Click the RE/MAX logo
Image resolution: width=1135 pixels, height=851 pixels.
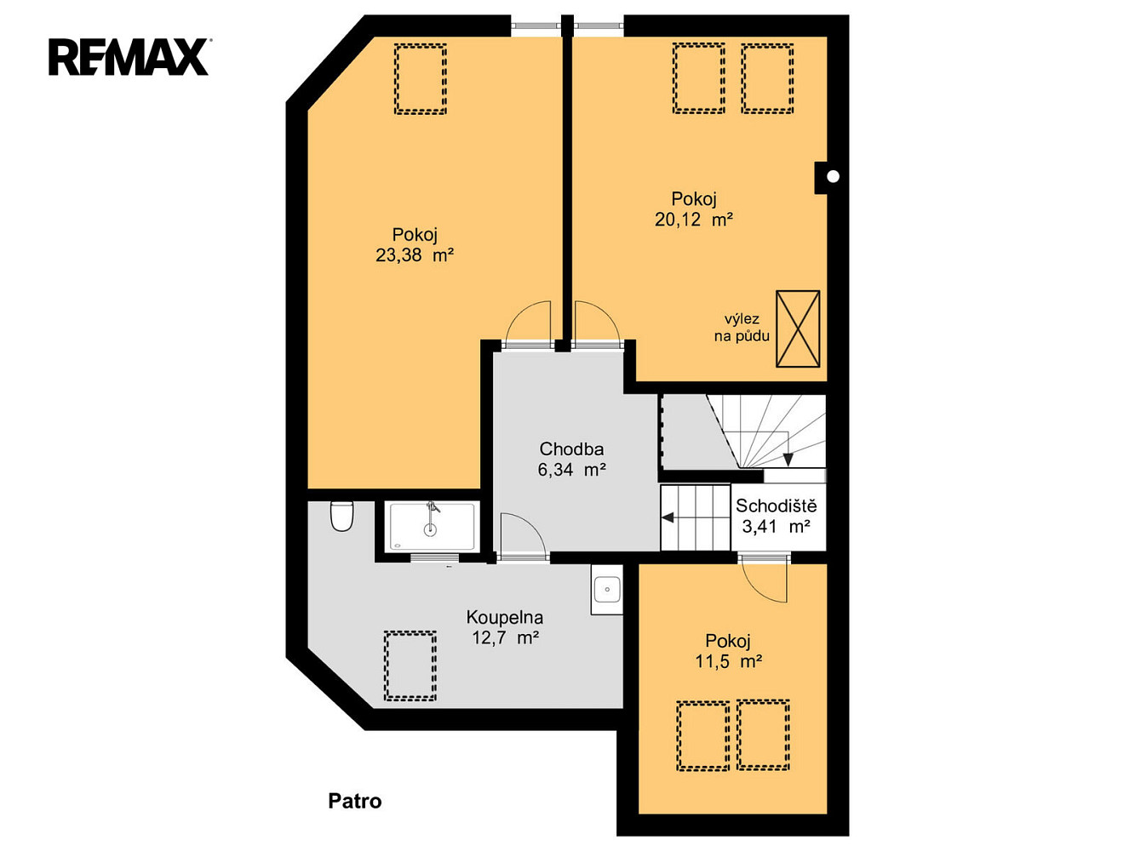[x=129, y=57]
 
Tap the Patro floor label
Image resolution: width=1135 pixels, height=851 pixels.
[x=355, y=801]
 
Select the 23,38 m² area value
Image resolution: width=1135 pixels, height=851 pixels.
[x=415, y=254]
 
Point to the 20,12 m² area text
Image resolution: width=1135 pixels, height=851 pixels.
[x=693, y=220]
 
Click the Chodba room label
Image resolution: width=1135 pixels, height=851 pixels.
[x=571, y=448]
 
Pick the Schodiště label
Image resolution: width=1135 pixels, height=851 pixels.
[x=777, y=505]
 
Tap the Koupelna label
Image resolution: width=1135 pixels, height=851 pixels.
[x=505, y=618]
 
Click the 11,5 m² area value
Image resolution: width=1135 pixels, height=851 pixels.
[x=728, y=661]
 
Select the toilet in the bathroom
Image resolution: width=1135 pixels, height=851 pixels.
[x=341, y=516]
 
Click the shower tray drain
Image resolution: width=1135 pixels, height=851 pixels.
[x=430, y=529]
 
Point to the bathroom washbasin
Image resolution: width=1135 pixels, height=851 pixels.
[x=607, y=590]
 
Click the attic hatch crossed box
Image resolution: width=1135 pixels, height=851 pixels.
[x=798, y=329]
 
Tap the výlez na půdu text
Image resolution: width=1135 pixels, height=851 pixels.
[x=742, y=328]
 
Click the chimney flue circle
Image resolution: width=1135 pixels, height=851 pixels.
[x=833, y=177]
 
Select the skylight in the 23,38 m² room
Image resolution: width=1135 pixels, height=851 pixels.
[x=421, y=79]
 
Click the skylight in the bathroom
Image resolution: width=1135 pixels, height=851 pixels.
[x=410, y=665]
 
